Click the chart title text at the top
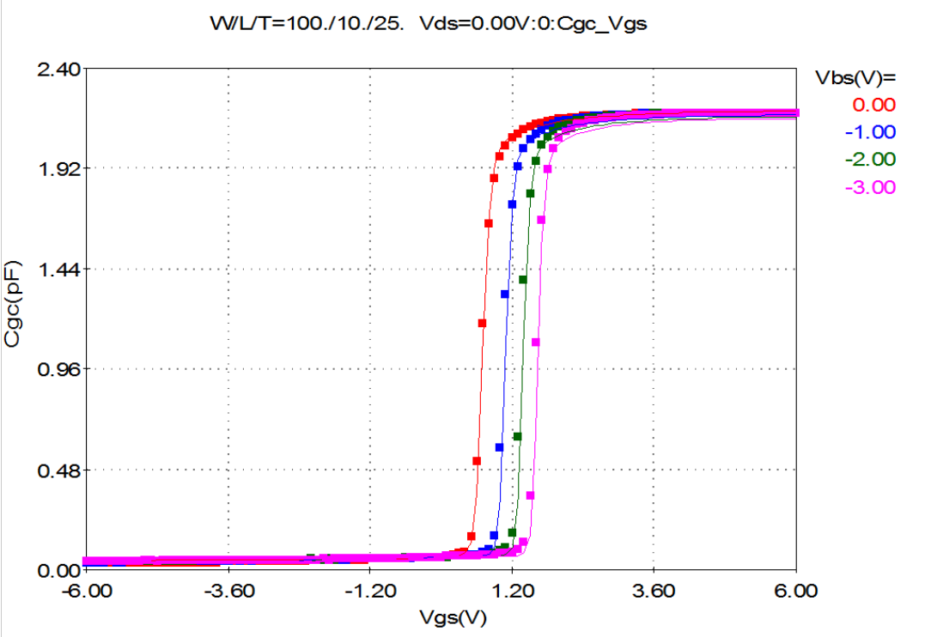(x=428, y=24)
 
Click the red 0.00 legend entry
(x=873, y=105)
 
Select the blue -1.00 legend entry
(x=870, y=132)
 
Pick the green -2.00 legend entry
(x=870, y=160)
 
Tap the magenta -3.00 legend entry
(x=870, y=187)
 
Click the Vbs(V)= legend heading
(x=854, y=77)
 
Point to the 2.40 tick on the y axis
(x=58, y=68)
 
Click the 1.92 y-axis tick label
(x=58, y=168)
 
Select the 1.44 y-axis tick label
(x=58, y=269)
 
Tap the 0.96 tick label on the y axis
(x=58, y=369)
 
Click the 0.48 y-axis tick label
(x=58, y=470)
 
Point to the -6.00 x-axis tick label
(x=87, y=591)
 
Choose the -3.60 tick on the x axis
(x=228, y=591)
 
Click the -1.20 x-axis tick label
(x=369, y=591)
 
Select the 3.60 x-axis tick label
(x=654, y=591)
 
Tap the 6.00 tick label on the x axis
(x=797, y=591)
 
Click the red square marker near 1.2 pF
(x=483, y=323)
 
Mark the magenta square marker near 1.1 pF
(x=536, y=342)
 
